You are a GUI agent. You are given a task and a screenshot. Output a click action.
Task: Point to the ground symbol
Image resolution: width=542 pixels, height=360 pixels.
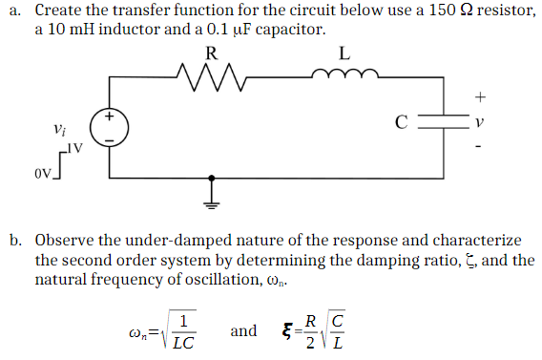point(211,197)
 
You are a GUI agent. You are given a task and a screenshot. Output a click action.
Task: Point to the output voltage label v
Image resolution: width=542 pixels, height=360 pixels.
point(481,123)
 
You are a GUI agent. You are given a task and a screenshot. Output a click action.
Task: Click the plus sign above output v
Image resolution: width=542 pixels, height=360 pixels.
point(481,96)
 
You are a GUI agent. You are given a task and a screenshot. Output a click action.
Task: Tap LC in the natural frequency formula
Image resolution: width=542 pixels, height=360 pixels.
point(184,341)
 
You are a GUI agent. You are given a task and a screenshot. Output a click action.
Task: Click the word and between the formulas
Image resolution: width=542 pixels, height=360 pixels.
point(243,330)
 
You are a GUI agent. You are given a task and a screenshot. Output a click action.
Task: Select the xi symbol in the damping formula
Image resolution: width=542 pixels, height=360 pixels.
point(285,330)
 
